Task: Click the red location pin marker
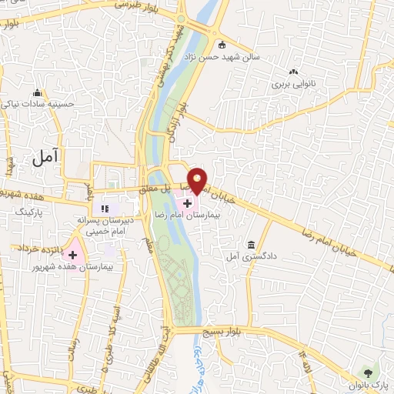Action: tap(198, 180)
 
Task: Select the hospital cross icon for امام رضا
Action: tap(188, 202)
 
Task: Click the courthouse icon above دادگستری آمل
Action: tap(251, 244)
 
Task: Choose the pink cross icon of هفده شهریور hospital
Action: tap(74, 254)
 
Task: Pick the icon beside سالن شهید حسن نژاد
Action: tap(223, 44)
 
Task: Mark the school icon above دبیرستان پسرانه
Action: tap(105, 207)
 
